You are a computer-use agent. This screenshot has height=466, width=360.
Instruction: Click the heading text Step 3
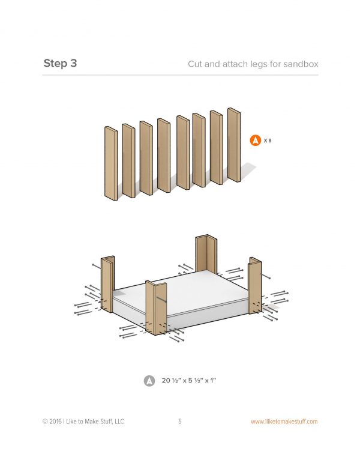[60, 63]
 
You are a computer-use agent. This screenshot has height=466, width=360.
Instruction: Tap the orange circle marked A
[255, 141]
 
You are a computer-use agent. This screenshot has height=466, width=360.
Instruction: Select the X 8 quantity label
[268, 141]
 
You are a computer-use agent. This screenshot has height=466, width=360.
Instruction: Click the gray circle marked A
[149, 381]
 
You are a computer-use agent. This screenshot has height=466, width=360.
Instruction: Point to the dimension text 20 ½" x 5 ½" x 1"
[189, 380]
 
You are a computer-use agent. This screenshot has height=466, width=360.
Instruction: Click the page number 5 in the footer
[180, 421]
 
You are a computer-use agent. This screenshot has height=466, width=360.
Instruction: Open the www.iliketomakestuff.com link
[284, 422]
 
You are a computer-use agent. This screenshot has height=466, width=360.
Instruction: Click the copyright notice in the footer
[83, 422]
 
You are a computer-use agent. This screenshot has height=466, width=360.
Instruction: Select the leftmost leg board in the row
[111, 163]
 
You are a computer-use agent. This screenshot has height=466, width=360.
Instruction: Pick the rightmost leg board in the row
[234, 145]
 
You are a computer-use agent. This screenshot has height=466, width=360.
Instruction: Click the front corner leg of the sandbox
[156, 308]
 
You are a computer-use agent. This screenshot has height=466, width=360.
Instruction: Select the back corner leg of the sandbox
[206, 253]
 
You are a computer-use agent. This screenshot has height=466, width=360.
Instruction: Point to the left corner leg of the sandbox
[107, 284]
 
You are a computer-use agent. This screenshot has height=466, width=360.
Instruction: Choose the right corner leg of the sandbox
[255, 286]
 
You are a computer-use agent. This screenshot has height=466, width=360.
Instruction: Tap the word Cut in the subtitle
[195, 64]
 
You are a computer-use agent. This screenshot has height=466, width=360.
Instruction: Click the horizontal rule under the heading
[180, 75]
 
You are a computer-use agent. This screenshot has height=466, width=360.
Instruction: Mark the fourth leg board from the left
[164, 156]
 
